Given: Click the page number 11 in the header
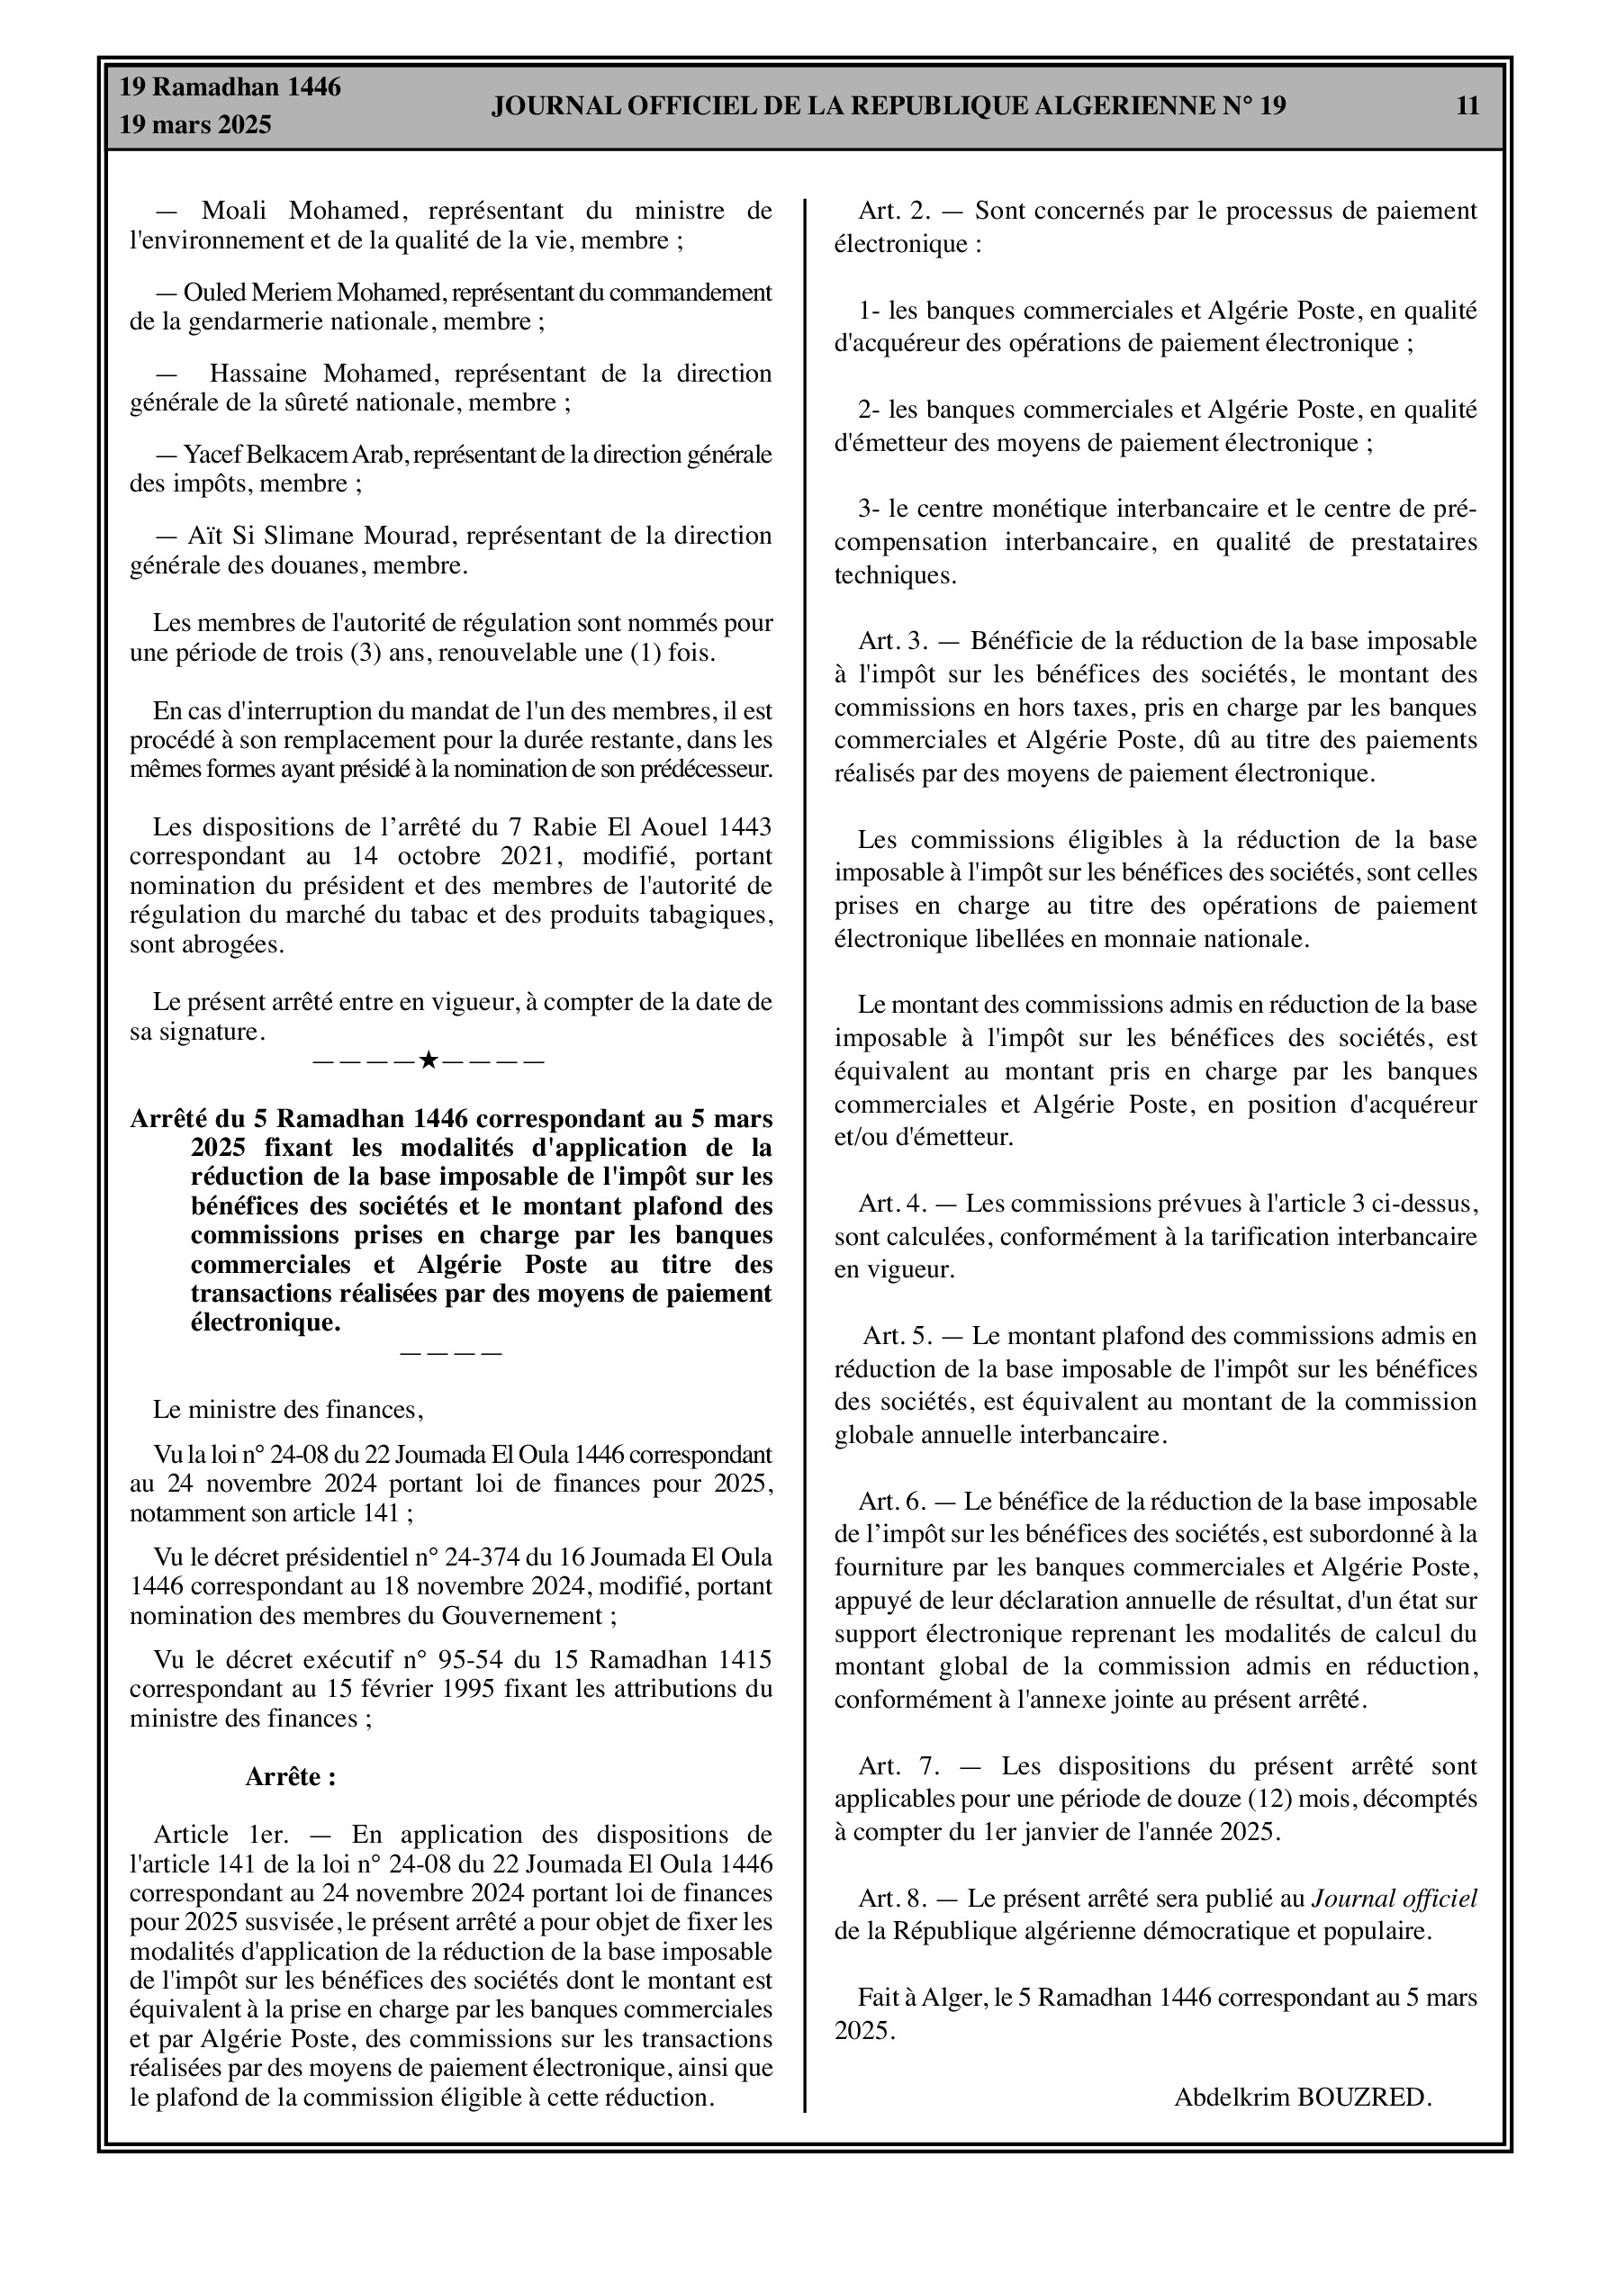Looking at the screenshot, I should pyautogui.click(x=1467, y=106).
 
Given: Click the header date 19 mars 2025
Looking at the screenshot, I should pyautogui.click(x=195, y=126).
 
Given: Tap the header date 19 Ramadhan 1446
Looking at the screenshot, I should pyautogui.click(x=230, y=87).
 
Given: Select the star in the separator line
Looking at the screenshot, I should pyautogui.click(x=428, y=1060).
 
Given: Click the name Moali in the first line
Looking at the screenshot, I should pyautogui.click(x=238, y=211).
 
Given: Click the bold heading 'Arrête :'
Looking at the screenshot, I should pyautogui.click(x=290, y=1777).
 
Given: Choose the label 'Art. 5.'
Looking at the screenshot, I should pyautogui.click(x=898, y=1336).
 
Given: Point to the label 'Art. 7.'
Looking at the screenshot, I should pyautogui.click(x=898, y=1766).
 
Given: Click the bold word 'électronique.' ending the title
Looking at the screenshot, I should pyautogui.click(x=266, y=1323).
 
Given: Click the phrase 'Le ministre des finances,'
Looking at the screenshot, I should pyautogui.click(x=288, y=1410).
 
